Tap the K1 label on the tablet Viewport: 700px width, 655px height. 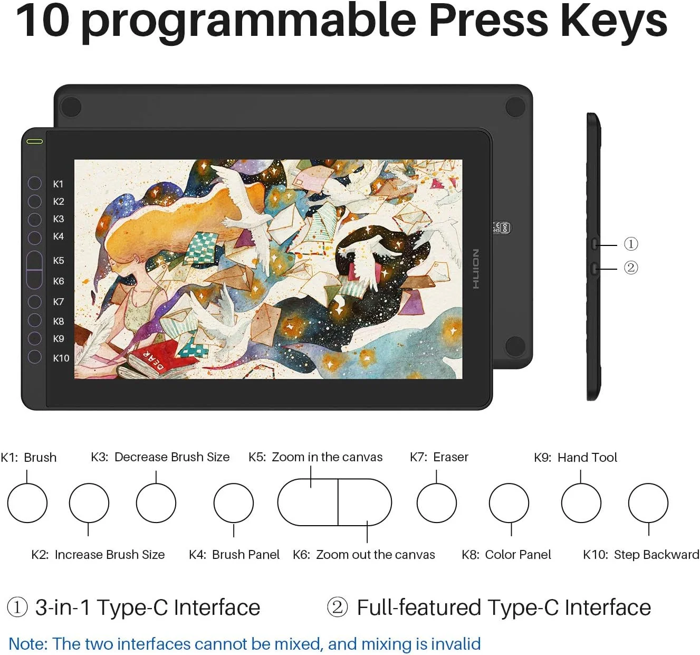[58, 184]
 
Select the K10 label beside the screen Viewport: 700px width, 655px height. [61, 358]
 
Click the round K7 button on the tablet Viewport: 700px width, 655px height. [34, 301]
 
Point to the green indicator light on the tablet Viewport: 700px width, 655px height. [34, 141]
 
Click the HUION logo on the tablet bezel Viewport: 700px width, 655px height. [476, 269]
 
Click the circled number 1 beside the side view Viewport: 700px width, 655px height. [630, 244]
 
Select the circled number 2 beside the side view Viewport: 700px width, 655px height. [630, 268]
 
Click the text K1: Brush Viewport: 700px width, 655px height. [28, 458]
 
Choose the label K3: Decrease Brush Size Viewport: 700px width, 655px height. [160, 457]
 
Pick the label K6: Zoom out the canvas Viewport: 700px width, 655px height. [364, 555]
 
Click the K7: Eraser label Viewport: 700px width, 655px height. [439, 457]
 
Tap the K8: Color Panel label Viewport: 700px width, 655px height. [506, 555]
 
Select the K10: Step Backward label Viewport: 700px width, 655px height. [641, 555]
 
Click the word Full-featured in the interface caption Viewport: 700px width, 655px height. [419, 607]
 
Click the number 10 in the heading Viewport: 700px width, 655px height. [43, 21]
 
